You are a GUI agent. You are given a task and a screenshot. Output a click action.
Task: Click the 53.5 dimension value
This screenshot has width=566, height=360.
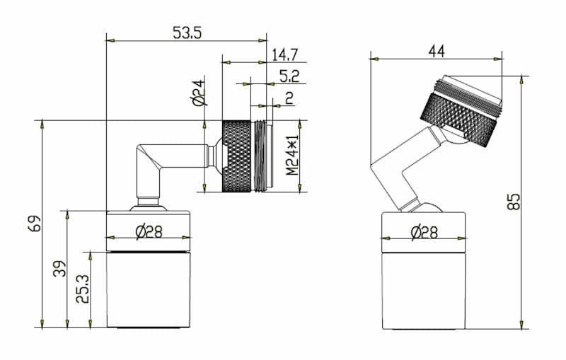point(187,32)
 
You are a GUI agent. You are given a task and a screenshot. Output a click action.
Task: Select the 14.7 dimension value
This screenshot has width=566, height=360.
point(284,54)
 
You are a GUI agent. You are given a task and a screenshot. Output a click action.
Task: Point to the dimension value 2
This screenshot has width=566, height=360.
point(289,98)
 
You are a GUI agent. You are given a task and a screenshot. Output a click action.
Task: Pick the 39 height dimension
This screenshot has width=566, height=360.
point(59,269)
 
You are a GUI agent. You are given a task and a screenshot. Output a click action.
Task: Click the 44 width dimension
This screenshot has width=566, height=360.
point(436,50)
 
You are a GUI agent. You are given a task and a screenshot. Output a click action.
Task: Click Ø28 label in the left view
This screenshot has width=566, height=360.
point(149,231)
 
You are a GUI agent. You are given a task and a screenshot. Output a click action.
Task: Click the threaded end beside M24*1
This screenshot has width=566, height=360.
point(262,156)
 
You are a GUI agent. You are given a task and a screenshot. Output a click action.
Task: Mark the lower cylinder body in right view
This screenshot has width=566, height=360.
point(424,290)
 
